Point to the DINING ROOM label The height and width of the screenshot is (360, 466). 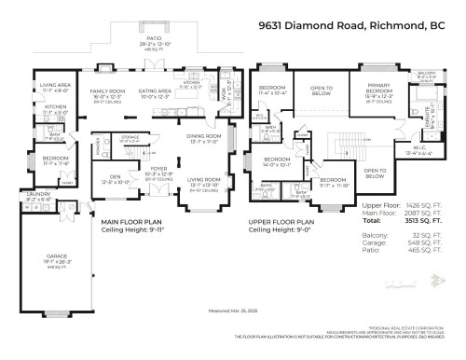point(204,138)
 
